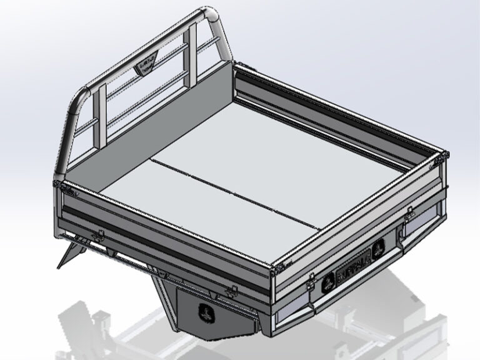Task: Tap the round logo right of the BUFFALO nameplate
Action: click(379, 251)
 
